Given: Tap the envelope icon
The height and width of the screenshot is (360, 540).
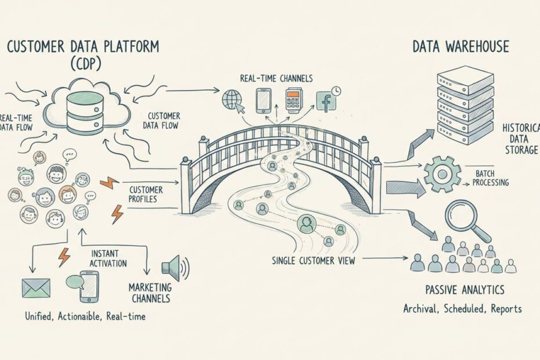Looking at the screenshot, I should pyautogui.click(x=36, y=287).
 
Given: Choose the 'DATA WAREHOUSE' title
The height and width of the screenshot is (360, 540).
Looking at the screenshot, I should pyautogui.click(x=461, y=46).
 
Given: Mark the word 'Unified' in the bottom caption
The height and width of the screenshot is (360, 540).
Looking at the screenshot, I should pyautogui.click(x=39, y=316).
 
